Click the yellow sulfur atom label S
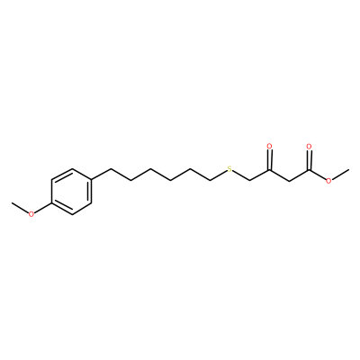pyautogui.click(x=229, y=169)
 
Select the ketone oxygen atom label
pyautogui.click(x=269, y=147)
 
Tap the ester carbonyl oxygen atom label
pyautogui.click(x=309, y=147)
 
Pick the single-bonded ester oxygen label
pyautogui.click(x=329, y=181)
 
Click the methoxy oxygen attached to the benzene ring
pyautogui.click(x=31, y=214)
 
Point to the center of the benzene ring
pyautogui.click(x=71, y=192)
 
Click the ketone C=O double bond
pyautogui.click(x=269, y=160)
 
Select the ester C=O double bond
pyautogui.click(x=309, y=160)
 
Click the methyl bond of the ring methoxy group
pyautogui.click(x=21, y=208)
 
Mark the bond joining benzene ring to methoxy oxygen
pyautogui.click(x=43, y=209)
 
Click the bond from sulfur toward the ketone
pyautogui.click(x=241, y=175)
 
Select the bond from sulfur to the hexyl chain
pyautogui.click(x=219, y=175)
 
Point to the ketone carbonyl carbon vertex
pyautogui.click(x=269, y=170)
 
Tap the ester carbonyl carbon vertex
pyautogui.click(x=309, y=170)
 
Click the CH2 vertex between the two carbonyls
pyautogui.click(x=289, y=181)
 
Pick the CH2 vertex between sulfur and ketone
pyautogui.click(x=250, y=181)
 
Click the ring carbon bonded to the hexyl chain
pyautogui.click(x=91, y=181)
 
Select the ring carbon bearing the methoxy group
pyautogui.click(x=51, y=203)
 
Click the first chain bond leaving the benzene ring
pyautogui.click(x=101, y=175)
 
